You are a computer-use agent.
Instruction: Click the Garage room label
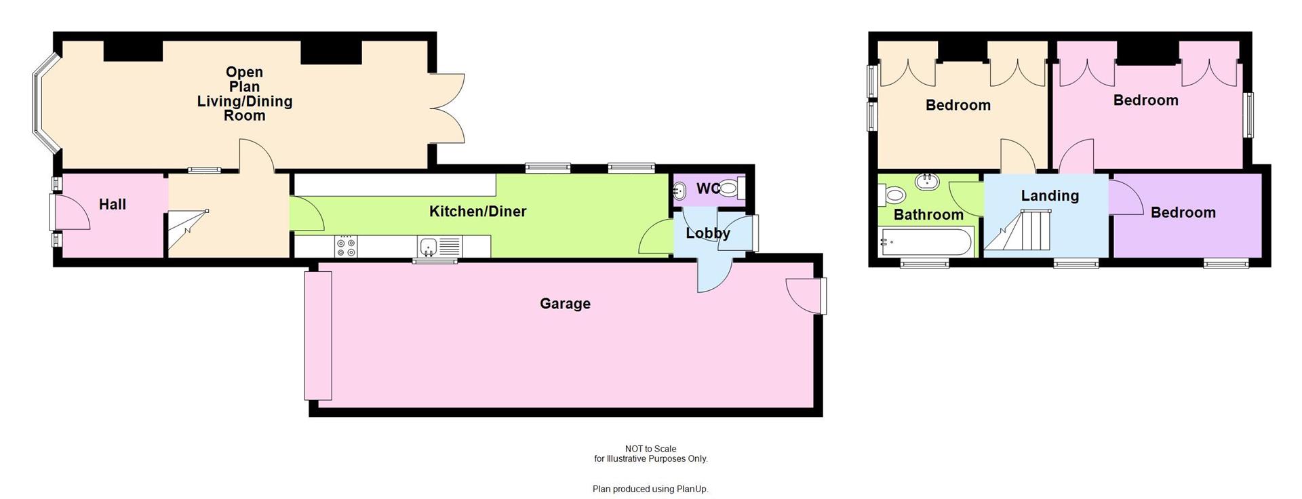(x=565, y=304)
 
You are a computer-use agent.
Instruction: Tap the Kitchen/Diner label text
(x=477, y=212)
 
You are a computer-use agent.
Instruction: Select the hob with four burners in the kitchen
(x=346, y=246)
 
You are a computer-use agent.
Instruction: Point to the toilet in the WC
(x=730, y=189)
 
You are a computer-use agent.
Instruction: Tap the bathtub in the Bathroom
(x=926, y=241)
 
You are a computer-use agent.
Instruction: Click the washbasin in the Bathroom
(x=926, y=182)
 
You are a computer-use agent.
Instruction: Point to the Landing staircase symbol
(x=1017, y=231)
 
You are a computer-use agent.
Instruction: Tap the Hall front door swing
(x=71, y=213)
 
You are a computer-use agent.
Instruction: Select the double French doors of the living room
(x=448, y=108)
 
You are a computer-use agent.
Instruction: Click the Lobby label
(x=707, y=233)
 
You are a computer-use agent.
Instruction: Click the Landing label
(x=1050, y=196)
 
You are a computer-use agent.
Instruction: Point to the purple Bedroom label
(x=1183, y=213)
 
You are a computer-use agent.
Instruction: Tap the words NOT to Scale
(x=650, y=449)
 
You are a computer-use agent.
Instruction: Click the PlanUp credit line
(x=650, y=489)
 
